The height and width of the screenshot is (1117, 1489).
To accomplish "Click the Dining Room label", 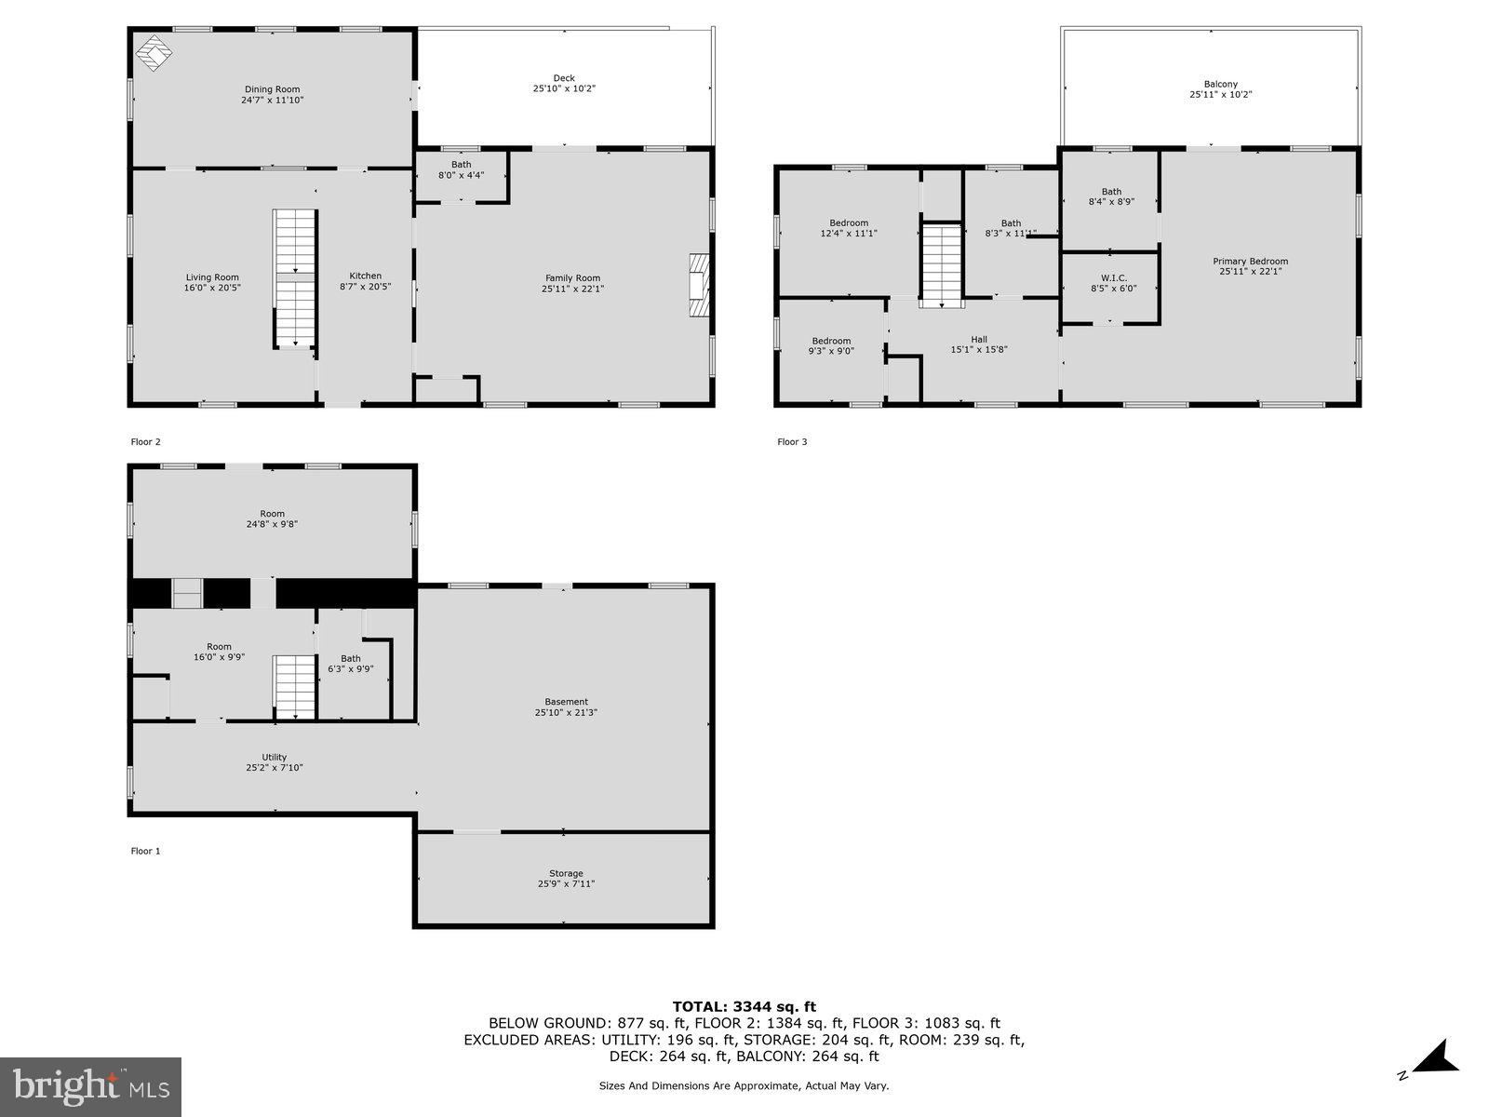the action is [x=272, y=88].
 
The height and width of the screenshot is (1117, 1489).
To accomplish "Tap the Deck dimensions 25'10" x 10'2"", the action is [x=564, y=88].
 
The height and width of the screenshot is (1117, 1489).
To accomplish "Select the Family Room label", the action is [x=572, y=277].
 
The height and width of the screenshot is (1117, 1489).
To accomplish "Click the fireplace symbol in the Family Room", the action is [x=700, y=286].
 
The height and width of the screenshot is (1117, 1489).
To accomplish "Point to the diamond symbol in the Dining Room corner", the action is [x=154, y=52].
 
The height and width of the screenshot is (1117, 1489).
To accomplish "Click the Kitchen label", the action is [x=365, y=276].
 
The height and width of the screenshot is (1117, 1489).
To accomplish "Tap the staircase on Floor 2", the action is [x=295, y=278].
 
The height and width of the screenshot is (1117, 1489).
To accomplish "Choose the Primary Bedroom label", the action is [x=1250, y=262].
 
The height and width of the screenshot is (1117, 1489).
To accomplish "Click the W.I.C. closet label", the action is [x=1114, y=278].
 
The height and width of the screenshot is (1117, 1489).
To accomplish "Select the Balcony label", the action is [x=1221, y=84].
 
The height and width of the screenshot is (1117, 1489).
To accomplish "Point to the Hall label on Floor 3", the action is [x=979, y=339].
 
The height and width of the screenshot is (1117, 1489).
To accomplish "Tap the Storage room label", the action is [x=567, y=873].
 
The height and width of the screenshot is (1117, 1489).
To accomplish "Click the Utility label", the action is [x=274, y=757].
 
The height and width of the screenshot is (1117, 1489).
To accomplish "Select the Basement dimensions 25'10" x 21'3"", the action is [x=566, y=712].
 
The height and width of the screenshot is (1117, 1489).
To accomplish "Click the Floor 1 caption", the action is [x=146, y=851].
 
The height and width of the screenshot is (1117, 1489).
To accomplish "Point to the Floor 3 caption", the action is [x=792, y=441].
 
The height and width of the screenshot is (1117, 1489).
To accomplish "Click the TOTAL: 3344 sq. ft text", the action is [x=744, y=1006].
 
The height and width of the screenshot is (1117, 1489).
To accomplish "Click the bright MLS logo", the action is [x=90, y=1087].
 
